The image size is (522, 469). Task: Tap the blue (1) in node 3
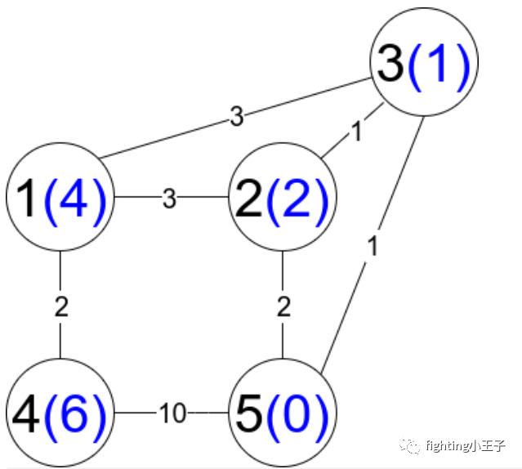click(x=439, y=65)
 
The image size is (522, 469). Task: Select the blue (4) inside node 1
click(x=76, y=198)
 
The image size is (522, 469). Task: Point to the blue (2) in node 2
click(x=296, y=198)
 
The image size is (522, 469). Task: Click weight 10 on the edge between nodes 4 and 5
click(x=172, y=413)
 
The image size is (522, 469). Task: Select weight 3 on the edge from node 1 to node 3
click(x=236, y=118)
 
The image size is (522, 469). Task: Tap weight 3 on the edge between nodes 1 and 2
click(x=169, y=198)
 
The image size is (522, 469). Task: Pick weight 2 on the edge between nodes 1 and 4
click(x=61, y=307)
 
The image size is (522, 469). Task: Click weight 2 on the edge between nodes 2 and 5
click(x=283, y=307)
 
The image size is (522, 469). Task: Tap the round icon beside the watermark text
click(x=410, y=446)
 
